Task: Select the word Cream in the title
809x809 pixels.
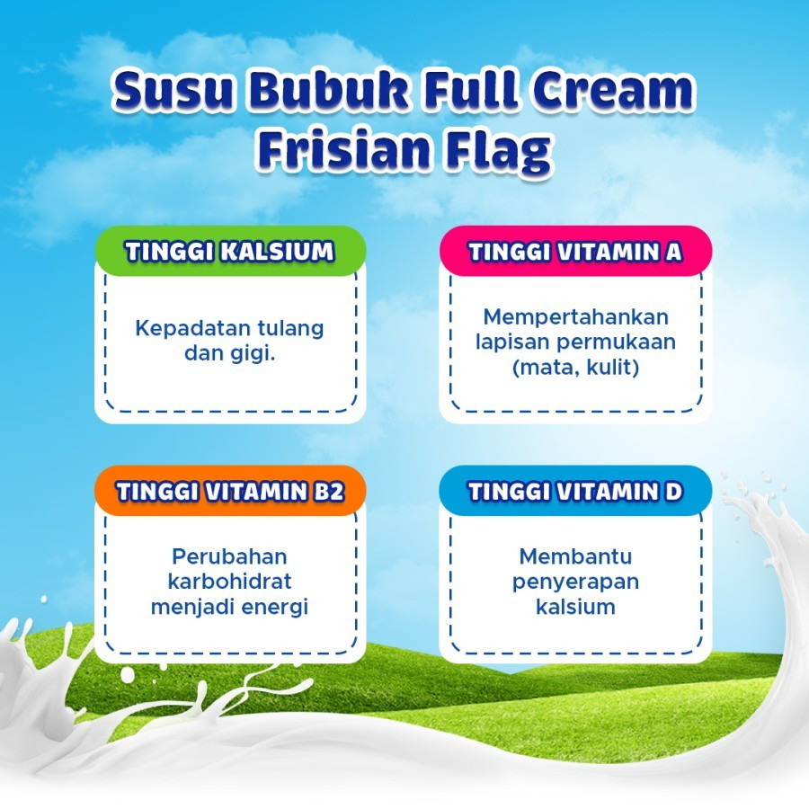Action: pyautogui.click(x=613, y=90)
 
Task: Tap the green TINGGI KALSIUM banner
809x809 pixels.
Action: pyautogui.click(x=230, y=252)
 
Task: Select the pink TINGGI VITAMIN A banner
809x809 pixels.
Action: pyautogui.click(x=575, y=252)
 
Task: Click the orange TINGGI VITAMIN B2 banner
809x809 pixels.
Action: pyautogui.click(x=230, y=491)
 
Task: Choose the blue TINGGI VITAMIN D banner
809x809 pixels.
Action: pyautogui.click(x=575, y=491)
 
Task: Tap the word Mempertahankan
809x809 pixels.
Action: pyautogui.click(x=576, y=317)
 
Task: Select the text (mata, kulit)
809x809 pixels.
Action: pyautogui.click(x=576, y=368)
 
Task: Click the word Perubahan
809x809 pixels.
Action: pyautogui.click(x=229, y=556)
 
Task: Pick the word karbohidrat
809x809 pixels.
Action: pyautogui.click(x=229, y=582)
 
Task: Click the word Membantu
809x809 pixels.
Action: pyautogui.click(x=575, y=556)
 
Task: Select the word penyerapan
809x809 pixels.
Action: pyautogui.click(x=575, y=582)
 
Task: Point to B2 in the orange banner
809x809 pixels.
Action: pyautogui.click(x=329, y=491)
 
